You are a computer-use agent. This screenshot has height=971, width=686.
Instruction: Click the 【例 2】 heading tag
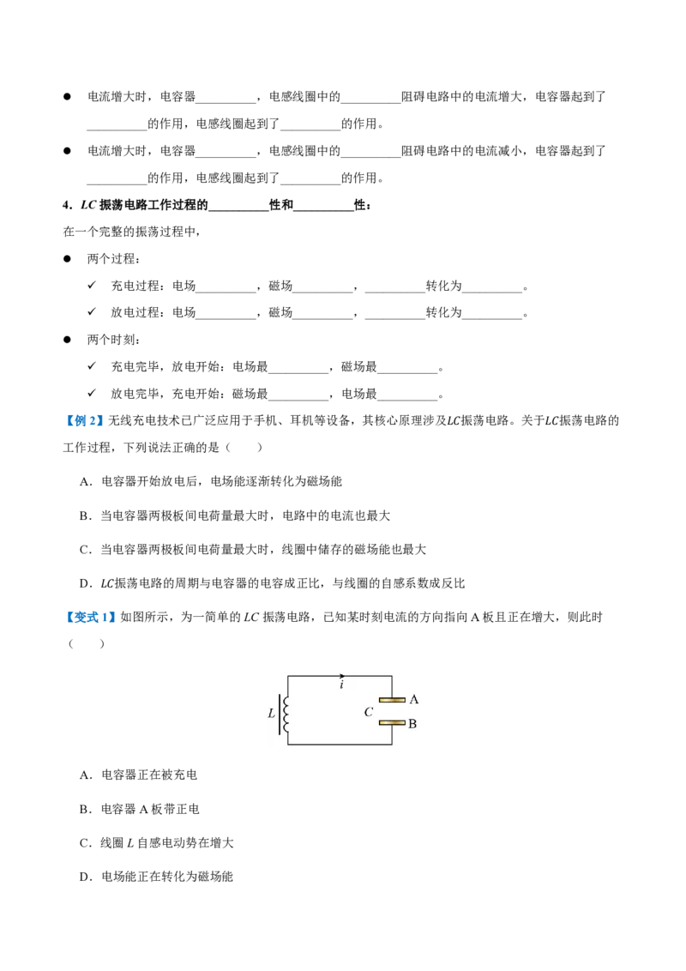(x=83, y=421)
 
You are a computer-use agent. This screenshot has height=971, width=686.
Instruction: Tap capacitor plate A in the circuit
(x=392, y=700)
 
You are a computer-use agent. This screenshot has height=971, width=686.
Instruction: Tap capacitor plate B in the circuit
(x=392, y=723)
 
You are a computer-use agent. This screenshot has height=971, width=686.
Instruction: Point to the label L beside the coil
(x=271, y=714)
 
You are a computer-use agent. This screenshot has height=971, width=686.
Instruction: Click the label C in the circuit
(x=369, y=712)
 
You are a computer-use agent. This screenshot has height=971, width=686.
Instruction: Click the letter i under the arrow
(x=342, y=685)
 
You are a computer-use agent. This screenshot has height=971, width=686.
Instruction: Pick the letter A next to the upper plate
(x=414, y=699)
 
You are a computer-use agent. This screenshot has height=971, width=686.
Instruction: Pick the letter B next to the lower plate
(x=412, y=723)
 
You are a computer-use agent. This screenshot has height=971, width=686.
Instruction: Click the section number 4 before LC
(x=66, y=205)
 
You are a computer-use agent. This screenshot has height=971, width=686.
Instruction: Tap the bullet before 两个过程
(x=67, y=259)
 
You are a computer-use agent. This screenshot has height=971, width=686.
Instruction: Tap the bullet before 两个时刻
(x=67, y=340)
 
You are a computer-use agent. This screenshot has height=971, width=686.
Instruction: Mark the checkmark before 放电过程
(x=92, y=311)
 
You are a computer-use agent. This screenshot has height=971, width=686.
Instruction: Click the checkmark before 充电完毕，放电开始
(x=92, y=365)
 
